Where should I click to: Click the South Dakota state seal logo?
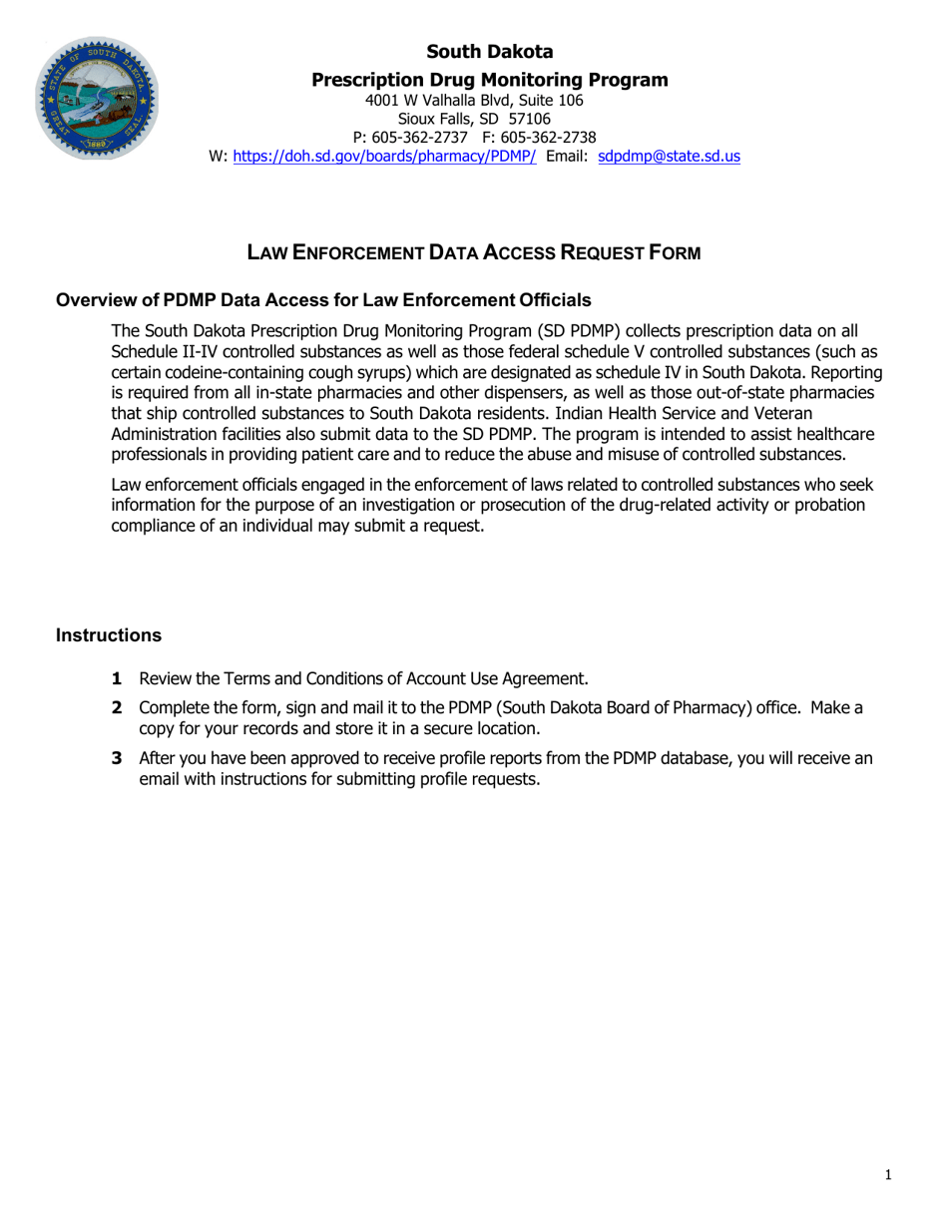(x=97, y=99)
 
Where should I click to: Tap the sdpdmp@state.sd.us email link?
(x=669, y=157)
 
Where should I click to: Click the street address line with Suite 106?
(x=474, y=100)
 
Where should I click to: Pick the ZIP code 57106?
(x=530, y=119)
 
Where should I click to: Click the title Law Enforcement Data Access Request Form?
(x=474, y=253)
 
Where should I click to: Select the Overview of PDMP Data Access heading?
(x=323, y=300)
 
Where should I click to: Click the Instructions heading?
(x=109, y=635)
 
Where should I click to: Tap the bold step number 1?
(x=117, y=679)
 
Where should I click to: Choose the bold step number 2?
(x=117, y=708)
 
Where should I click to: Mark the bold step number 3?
(x=117, y=758)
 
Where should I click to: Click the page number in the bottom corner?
(x=888, y=1175)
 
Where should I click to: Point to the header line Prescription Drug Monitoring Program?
(x=490, y=80)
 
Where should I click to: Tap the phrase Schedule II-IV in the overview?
(x=164, y=352)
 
